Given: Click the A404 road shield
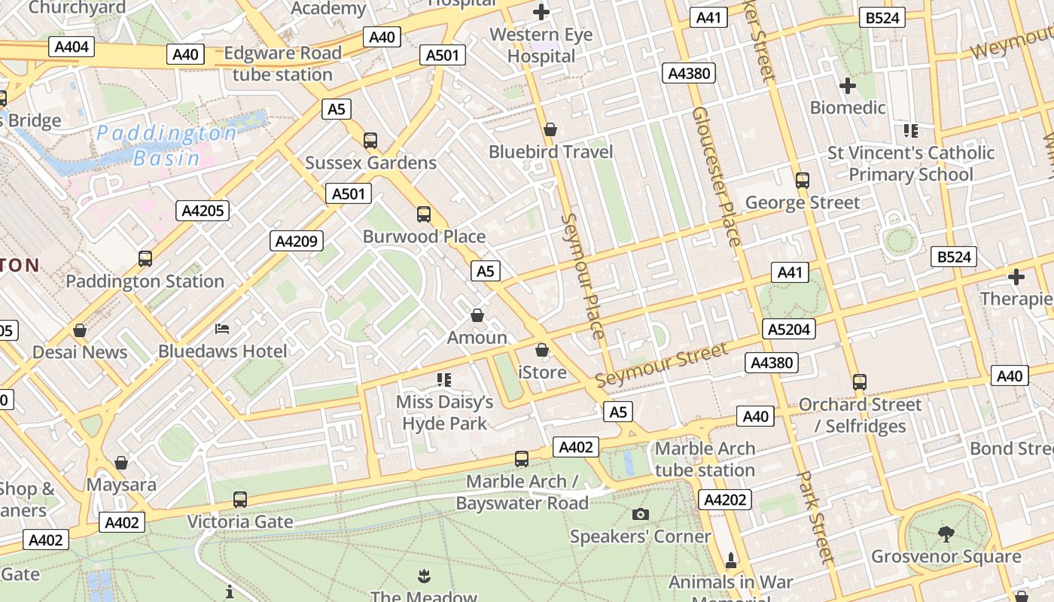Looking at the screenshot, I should [72, 47].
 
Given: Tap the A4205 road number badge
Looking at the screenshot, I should [203, 211].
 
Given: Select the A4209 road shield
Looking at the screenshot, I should [297, 241].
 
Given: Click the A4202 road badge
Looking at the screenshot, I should [725, 500].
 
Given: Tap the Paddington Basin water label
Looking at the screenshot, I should [166, 145].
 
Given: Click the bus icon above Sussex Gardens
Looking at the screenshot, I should [370, 140].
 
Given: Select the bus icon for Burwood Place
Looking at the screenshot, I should [424, 214].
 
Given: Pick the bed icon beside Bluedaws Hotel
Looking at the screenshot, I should [222, 328].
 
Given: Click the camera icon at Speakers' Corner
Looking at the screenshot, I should [641, 514].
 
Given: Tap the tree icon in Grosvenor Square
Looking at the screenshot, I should [946, 534].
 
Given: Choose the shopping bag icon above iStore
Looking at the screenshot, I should [542, 350].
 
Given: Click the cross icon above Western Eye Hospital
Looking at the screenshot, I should [541, 12].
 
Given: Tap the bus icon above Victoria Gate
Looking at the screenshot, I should [239, 499].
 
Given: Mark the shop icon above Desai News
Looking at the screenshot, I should [80, 330].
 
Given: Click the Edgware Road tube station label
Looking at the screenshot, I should [282, 64].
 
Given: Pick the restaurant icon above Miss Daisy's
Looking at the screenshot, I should [444, 379].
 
